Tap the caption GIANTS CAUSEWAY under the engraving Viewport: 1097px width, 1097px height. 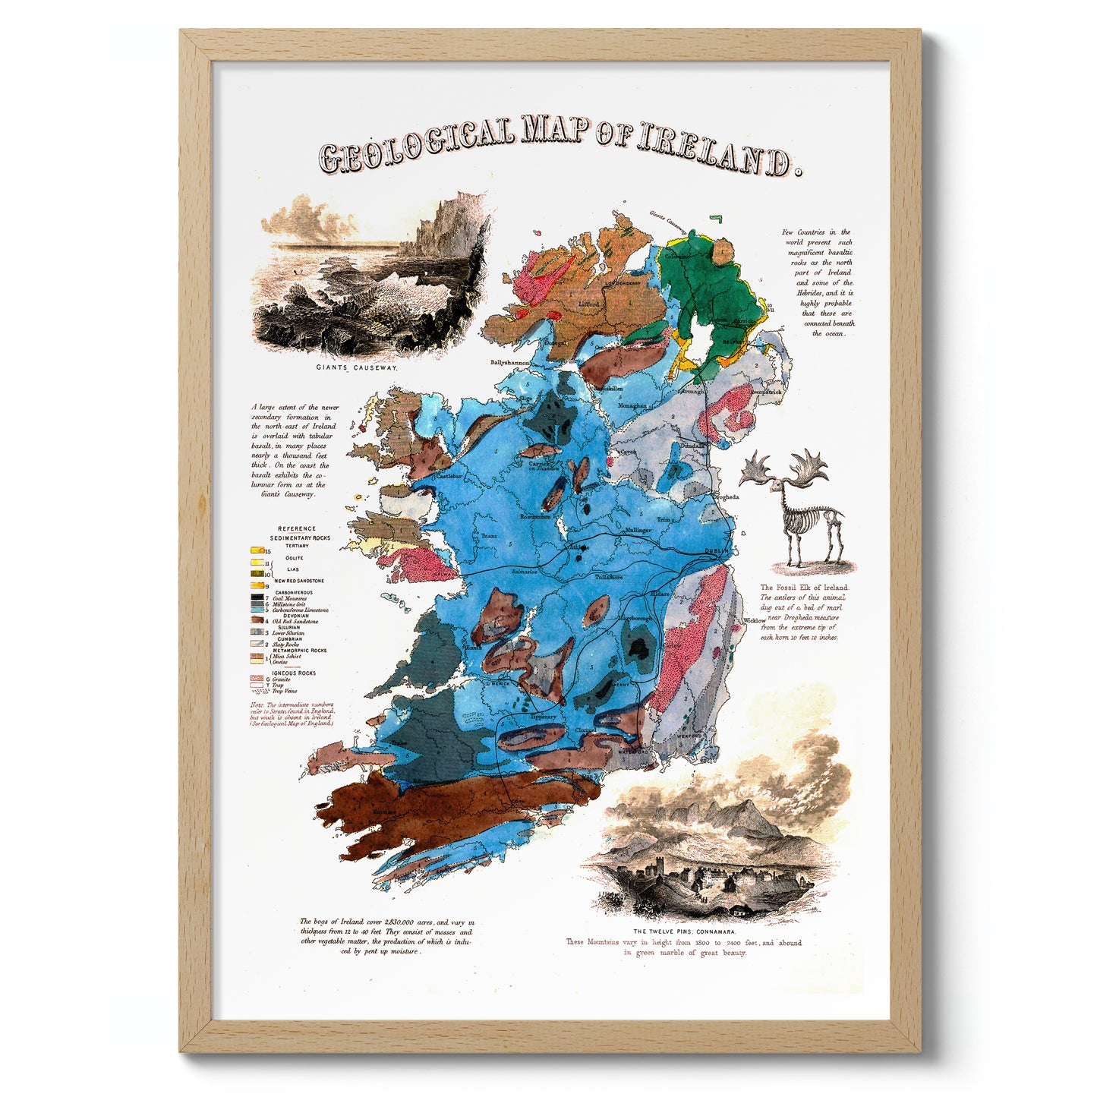(x=356, y=367)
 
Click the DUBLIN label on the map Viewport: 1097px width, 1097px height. (x=716, y=551)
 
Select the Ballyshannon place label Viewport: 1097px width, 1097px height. (x=509, y=363)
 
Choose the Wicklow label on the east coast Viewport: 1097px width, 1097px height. (x=755, y=620)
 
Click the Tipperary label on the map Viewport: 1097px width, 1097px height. (x=543, y=717)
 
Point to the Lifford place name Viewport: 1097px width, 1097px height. (x=589, y=304)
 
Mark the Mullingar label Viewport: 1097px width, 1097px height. (x=638, y=530)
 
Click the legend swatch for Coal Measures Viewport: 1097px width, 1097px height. (x=258, y=598)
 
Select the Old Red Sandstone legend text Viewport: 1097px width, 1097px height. (x=295, y=621)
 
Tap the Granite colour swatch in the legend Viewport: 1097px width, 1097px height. (x=258, y=679)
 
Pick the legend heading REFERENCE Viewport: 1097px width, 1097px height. (x=297, y=528)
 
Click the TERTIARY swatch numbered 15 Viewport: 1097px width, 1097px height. (x=257, y=550)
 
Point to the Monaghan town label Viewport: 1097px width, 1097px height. (x=632, y=405)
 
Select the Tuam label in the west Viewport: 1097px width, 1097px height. (x=489, y=536)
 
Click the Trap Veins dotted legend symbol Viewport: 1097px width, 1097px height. (x=258, y=691)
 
